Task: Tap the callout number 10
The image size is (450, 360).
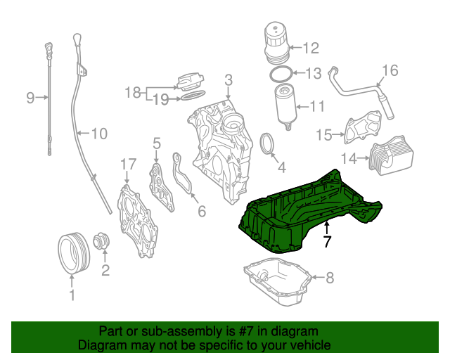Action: (98, 132)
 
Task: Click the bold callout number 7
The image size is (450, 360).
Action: (326, 242)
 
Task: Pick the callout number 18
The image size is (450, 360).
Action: (133, 92)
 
